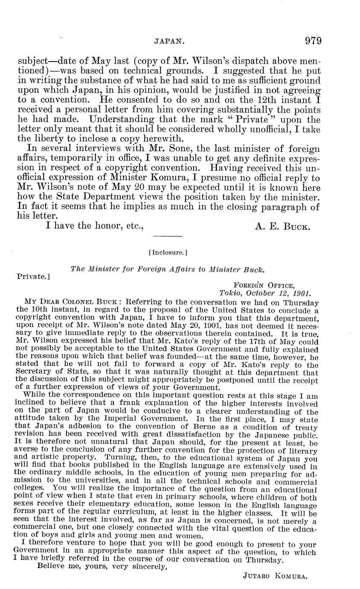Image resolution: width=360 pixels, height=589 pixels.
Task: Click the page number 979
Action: (313, 41)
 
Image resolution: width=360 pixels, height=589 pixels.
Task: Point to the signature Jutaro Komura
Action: (275, 576)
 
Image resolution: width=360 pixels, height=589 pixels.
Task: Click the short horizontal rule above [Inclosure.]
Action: (168, 236)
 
